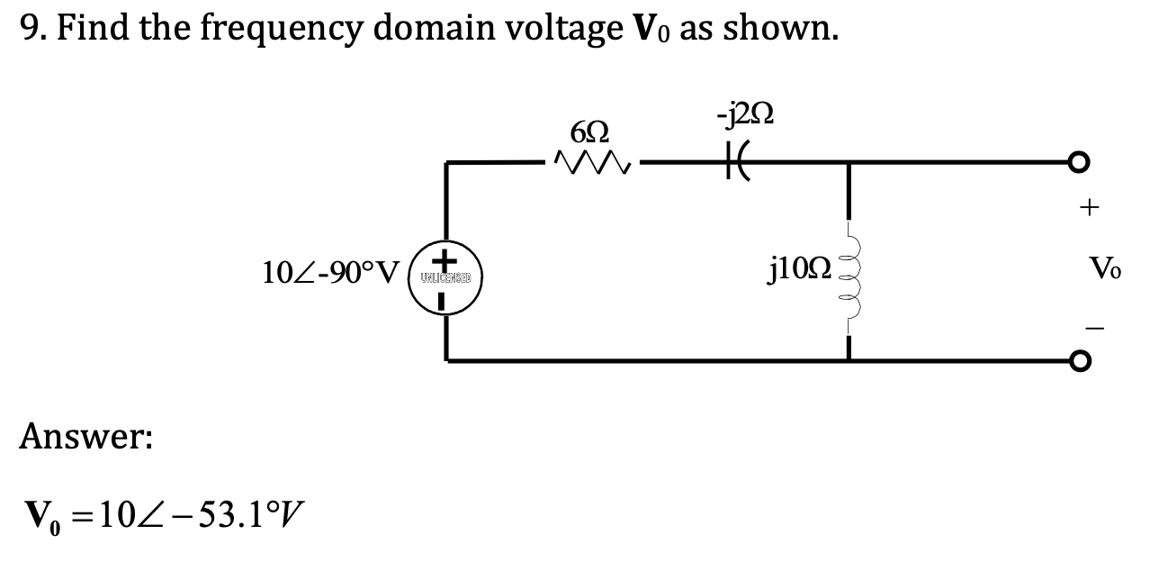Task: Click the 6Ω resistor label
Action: [x=590, y=132]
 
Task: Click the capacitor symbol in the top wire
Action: [x=743, y=163]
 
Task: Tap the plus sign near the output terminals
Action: [x=1090, y=209]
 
